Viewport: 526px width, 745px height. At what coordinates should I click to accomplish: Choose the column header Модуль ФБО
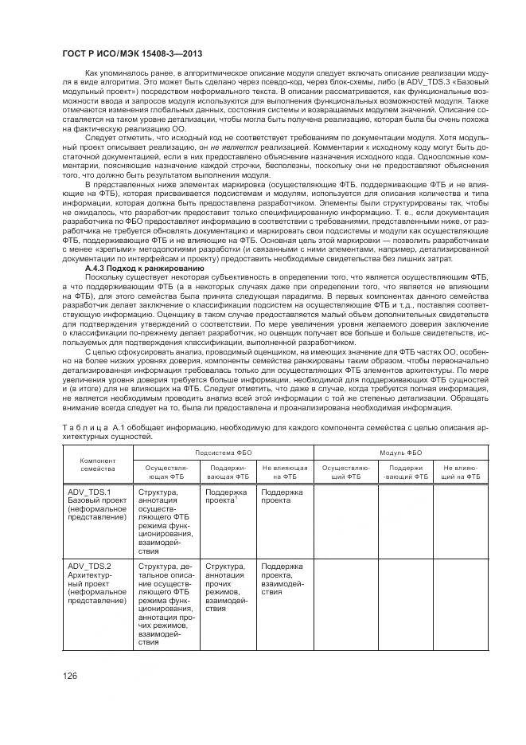[399, 451]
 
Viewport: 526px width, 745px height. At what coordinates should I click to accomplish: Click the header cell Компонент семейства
[98, 465]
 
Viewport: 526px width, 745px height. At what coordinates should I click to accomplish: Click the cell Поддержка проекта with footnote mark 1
[225, 496]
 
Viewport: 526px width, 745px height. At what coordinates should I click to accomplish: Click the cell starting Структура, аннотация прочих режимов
[226, 586]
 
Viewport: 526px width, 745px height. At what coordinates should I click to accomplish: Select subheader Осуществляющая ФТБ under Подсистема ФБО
[166, 472]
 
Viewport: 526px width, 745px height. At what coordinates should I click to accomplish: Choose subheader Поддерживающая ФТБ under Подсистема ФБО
[225, 472]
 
